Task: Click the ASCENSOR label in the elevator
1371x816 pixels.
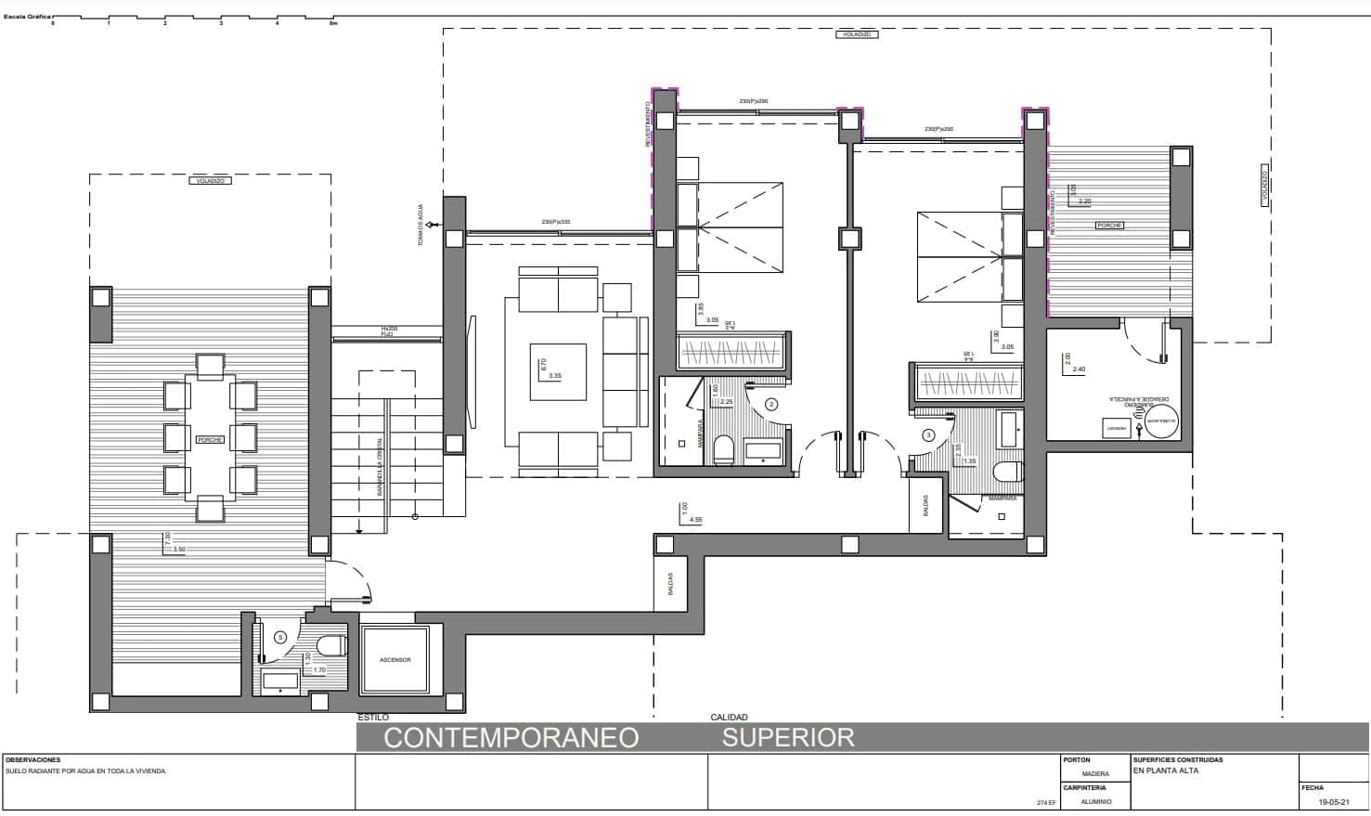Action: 394,660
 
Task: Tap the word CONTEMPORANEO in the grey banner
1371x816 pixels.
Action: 511,738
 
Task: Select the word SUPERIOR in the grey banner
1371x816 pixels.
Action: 788,738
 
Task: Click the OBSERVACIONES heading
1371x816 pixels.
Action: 32,760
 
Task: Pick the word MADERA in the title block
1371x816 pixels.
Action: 1095,773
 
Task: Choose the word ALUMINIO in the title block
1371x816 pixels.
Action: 1096,801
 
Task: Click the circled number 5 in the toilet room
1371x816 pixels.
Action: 281,637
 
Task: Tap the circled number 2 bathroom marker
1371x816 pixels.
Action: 771,405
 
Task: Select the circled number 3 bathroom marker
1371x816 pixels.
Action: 928,434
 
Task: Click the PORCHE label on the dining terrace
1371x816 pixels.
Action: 210,439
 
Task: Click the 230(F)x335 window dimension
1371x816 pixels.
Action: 556,222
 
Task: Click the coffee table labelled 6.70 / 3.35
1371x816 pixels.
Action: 558,372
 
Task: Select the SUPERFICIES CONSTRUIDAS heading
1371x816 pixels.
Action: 1178,760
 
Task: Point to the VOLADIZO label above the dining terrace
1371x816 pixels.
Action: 211,181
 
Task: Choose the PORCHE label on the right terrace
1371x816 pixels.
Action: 1109,226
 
